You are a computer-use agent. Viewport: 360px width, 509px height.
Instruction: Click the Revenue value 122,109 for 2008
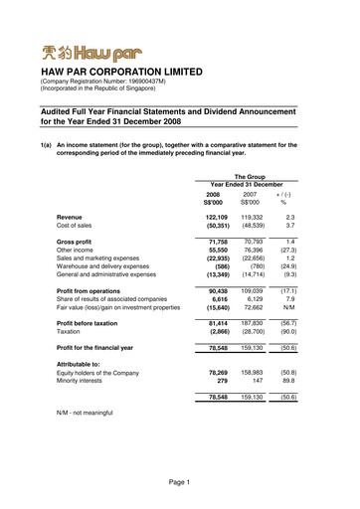[216, 216]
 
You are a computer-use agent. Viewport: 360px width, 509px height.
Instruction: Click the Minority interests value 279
[224, 379]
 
